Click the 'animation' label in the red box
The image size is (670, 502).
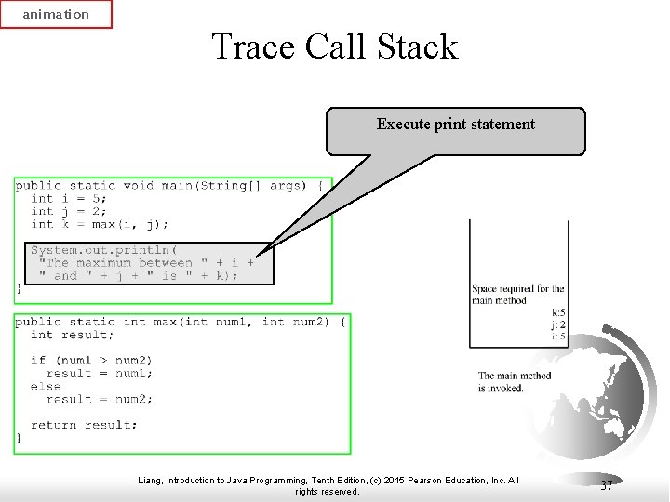(x=56, y=15)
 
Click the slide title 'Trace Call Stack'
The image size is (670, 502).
(x=335, y=46)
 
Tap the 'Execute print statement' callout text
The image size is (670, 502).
(x=455, y=125)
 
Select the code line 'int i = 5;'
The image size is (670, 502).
(x=69, y=198)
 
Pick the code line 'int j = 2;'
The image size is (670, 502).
(x=69, y=211)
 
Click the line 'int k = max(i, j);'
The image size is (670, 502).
(x=100, y=224)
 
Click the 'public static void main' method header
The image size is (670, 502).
(x=168, y=185)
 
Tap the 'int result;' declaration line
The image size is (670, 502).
(x=73, y=335)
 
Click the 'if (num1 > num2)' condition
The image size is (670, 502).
(x=91, y=361)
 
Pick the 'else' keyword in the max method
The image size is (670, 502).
(x=46, y=387)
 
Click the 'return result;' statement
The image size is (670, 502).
(x=84, y=425)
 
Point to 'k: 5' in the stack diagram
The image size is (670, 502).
(x=558, y=313)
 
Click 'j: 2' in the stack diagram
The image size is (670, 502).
(x=558, y=324)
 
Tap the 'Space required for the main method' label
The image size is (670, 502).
(x=517, y=295)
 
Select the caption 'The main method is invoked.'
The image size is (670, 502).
(x=515, y=381)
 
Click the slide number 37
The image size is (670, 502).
(x=607, y=485)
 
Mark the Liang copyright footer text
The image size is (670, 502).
(x=328, y=485)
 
